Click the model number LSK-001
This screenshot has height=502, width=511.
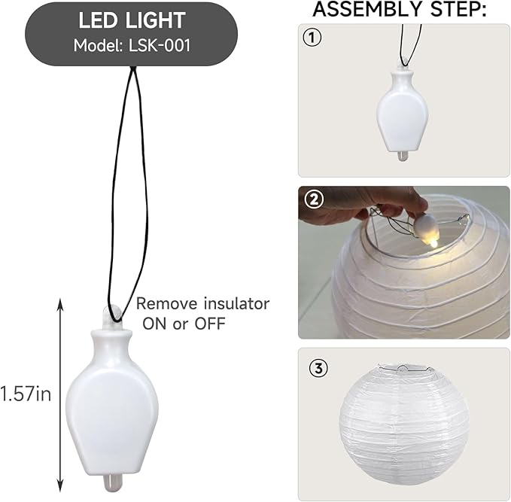tap(160, 45)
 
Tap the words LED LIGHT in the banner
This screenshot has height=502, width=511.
tap(132, 20)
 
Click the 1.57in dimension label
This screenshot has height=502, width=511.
tap(26, 394)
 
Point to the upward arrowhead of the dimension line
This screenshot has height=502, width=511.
tap(59, 304)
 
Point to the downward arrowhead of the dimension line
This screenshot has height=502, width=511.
tap(59, 485)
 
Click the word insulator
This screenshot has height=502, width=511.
tap(236, 304)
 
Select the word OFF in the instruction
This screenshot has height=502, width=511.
tap(210, 324)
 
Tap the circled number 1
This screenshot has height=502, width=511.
tap(312, 38)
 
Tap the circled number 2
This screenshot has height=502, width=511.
tap(314, 199)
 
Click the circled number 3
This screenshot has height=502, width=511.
tap(318, 368)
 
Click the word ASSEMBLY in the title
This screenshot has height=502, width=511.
tap(367, 9)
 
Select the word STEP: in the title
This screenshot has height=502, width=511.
tap(458, 9)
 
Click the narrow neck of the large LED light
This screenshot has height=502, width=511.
tap(112, 345)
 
